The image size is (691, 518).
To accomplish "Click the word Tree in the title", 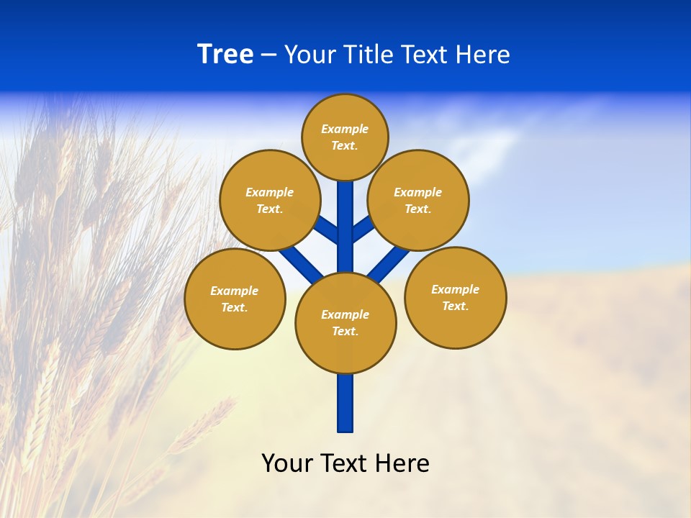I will point(225,55).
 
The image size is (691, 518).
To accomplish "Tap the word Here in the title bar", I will point(482,55).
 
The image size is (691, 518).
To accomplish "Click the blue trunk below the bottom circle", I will point(345,403).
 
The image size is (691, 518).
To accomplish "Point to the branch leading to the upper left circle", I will point(326,231).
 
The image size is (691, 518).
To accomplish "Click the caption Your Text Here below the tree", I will point(345,463).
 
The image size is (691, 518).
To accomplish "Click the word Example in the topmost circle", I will point(345,129).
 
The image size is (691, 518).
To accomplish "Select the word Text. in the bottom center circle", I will point(345,331).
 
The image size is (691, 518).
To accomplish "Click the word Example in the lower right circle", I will point(455,289).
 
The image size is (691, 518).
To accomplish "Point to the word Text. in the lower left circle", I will point(234,307).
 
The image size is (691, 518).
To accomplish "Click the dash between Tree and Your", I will point(268,55).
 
